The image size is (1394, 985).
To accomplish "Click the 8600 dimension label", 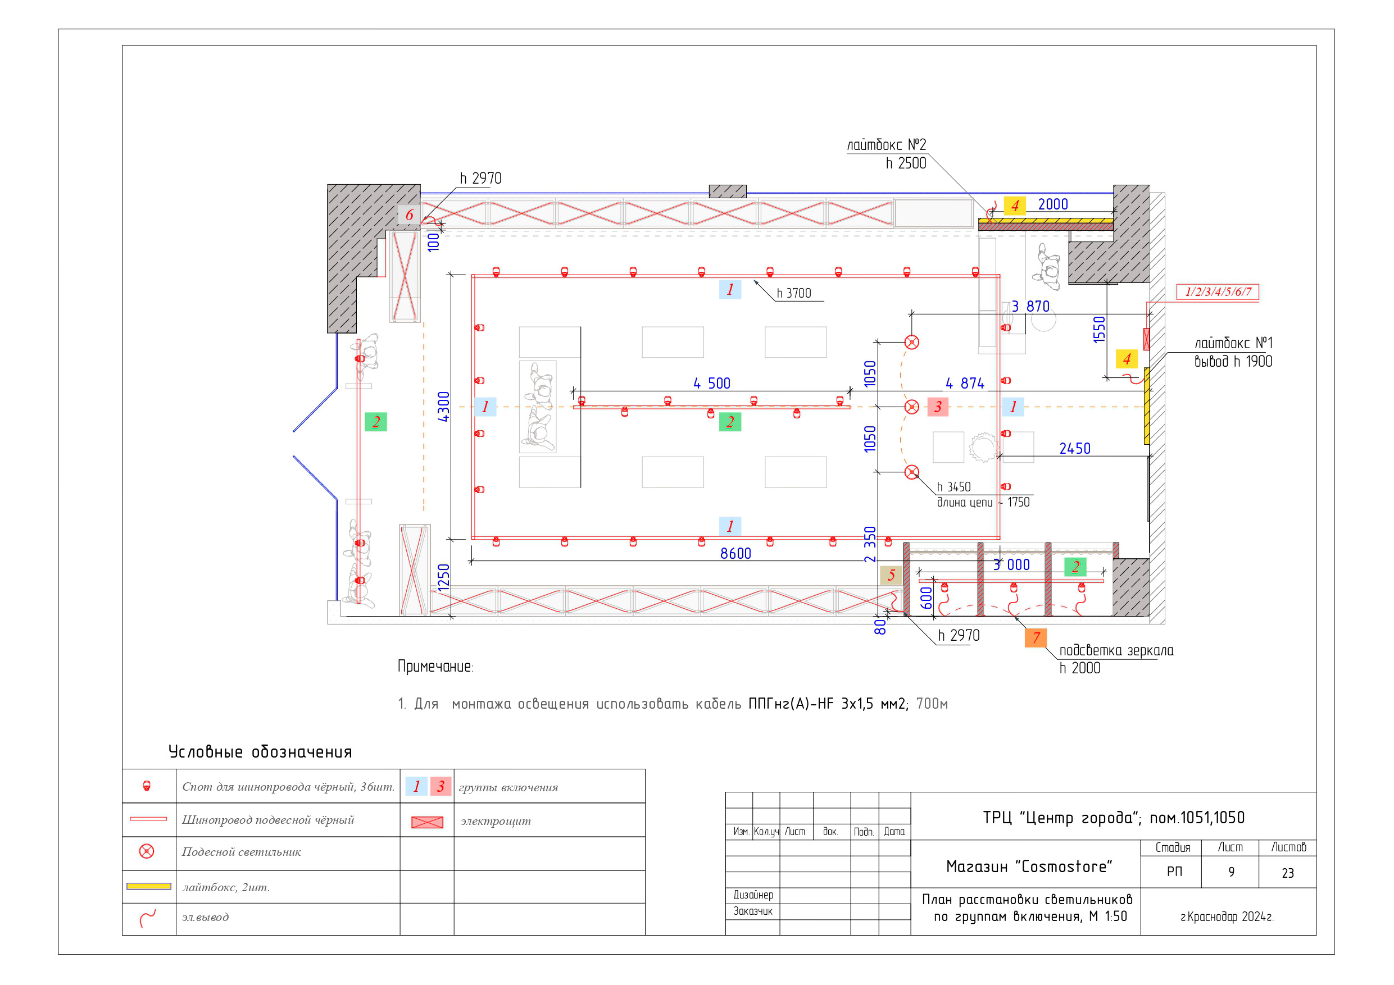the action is click(735, 554).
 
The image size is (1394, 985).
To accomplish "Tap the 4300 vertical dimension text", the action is click(444, 407).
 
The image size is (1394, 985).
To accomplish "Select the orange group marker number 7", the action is click(1036, 638).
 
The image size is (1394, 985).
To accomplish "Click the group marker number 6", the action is click(409, 215).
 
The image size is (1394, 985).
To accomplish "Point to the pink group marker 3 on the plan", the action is click(938, 407).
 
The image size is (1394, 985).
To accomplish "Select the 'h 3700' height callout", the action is click(794, 293).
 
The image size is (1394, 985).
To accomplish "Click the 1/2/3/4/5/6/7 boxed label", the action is click(1218, 292).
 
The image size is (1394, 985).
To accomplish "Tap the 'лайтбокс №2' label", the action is click(887, 145).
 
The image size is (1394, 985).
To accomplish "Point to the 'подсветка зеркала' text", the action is click(1116, 651).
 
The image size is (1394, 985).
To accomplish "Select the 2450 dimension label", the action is click(1075, 449).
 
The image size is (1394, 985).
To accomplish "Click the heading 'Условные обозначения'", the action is click(260, 752).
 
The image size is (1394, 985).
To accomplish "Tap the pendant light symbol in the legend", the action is click(147, 851).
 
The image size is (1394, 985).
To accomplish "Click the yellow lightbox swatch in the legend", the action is click(149, 886).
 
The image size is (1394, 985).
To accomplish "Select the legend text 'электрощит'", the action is click(496, 821).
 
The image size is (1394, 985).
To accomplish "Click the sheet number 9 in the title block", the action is click(1231, 872).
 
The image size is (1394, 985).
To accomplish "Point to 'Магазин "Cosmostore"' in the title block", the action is click(1029, 867).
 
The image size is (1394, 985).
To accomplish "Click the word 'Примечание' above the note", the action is click(435, 667).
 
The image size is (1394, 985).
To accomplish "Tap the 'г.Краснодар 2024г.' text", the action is click(1227, 917).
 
